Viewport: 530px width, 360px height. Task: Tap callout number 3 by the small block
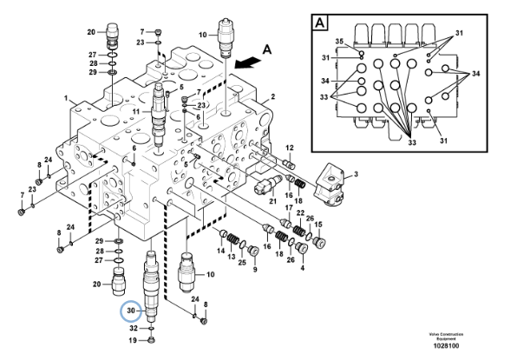pos(354,173)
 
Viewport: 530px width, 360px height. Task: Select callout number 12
pos(290,147)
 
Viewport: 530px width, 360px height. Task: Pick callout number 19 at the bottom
pos(134,341)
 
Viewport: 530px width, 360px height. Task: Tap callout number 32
pos(134,329)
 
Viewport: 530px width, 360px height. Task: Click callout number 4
pos(302,268)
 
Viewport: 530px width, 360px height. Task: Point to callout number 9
pos(255,270)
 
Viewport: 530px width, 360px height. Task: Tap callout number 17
pos(288,206)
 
